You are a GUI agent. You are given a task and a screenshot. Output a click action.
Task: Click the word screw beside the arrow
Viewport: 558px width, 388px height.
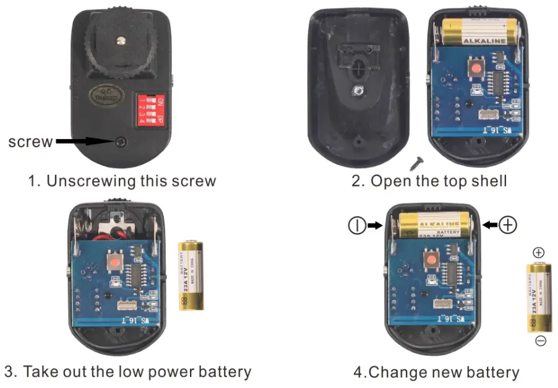[29, 141]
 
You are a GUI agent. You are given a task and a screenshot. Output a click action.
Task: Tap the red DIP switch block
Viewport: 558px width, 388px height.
[150, 109]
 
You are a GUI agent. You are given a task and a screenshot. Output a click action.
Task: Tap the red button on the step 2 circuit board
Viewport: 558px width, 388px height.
[476, 69]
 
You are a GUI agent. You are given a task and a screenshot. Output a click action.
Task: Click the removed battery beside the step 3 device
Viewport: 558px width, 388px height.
[191, 275]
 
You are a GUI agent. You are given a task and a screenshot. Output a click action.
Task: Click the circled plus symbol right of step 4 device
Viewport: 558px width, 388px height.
[508, 225]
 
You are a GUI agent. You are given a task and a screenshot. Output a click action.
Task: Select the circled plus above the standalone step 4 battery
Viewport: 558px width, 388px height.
[539, 252]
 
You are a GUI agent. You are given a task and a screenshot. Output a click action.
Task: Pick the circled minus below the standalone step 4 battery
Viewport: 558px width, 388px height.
[540, 341]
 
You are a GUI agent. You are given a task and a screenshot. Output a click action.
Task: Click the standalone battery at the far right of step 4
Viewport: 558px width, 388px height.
[539, 297]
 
